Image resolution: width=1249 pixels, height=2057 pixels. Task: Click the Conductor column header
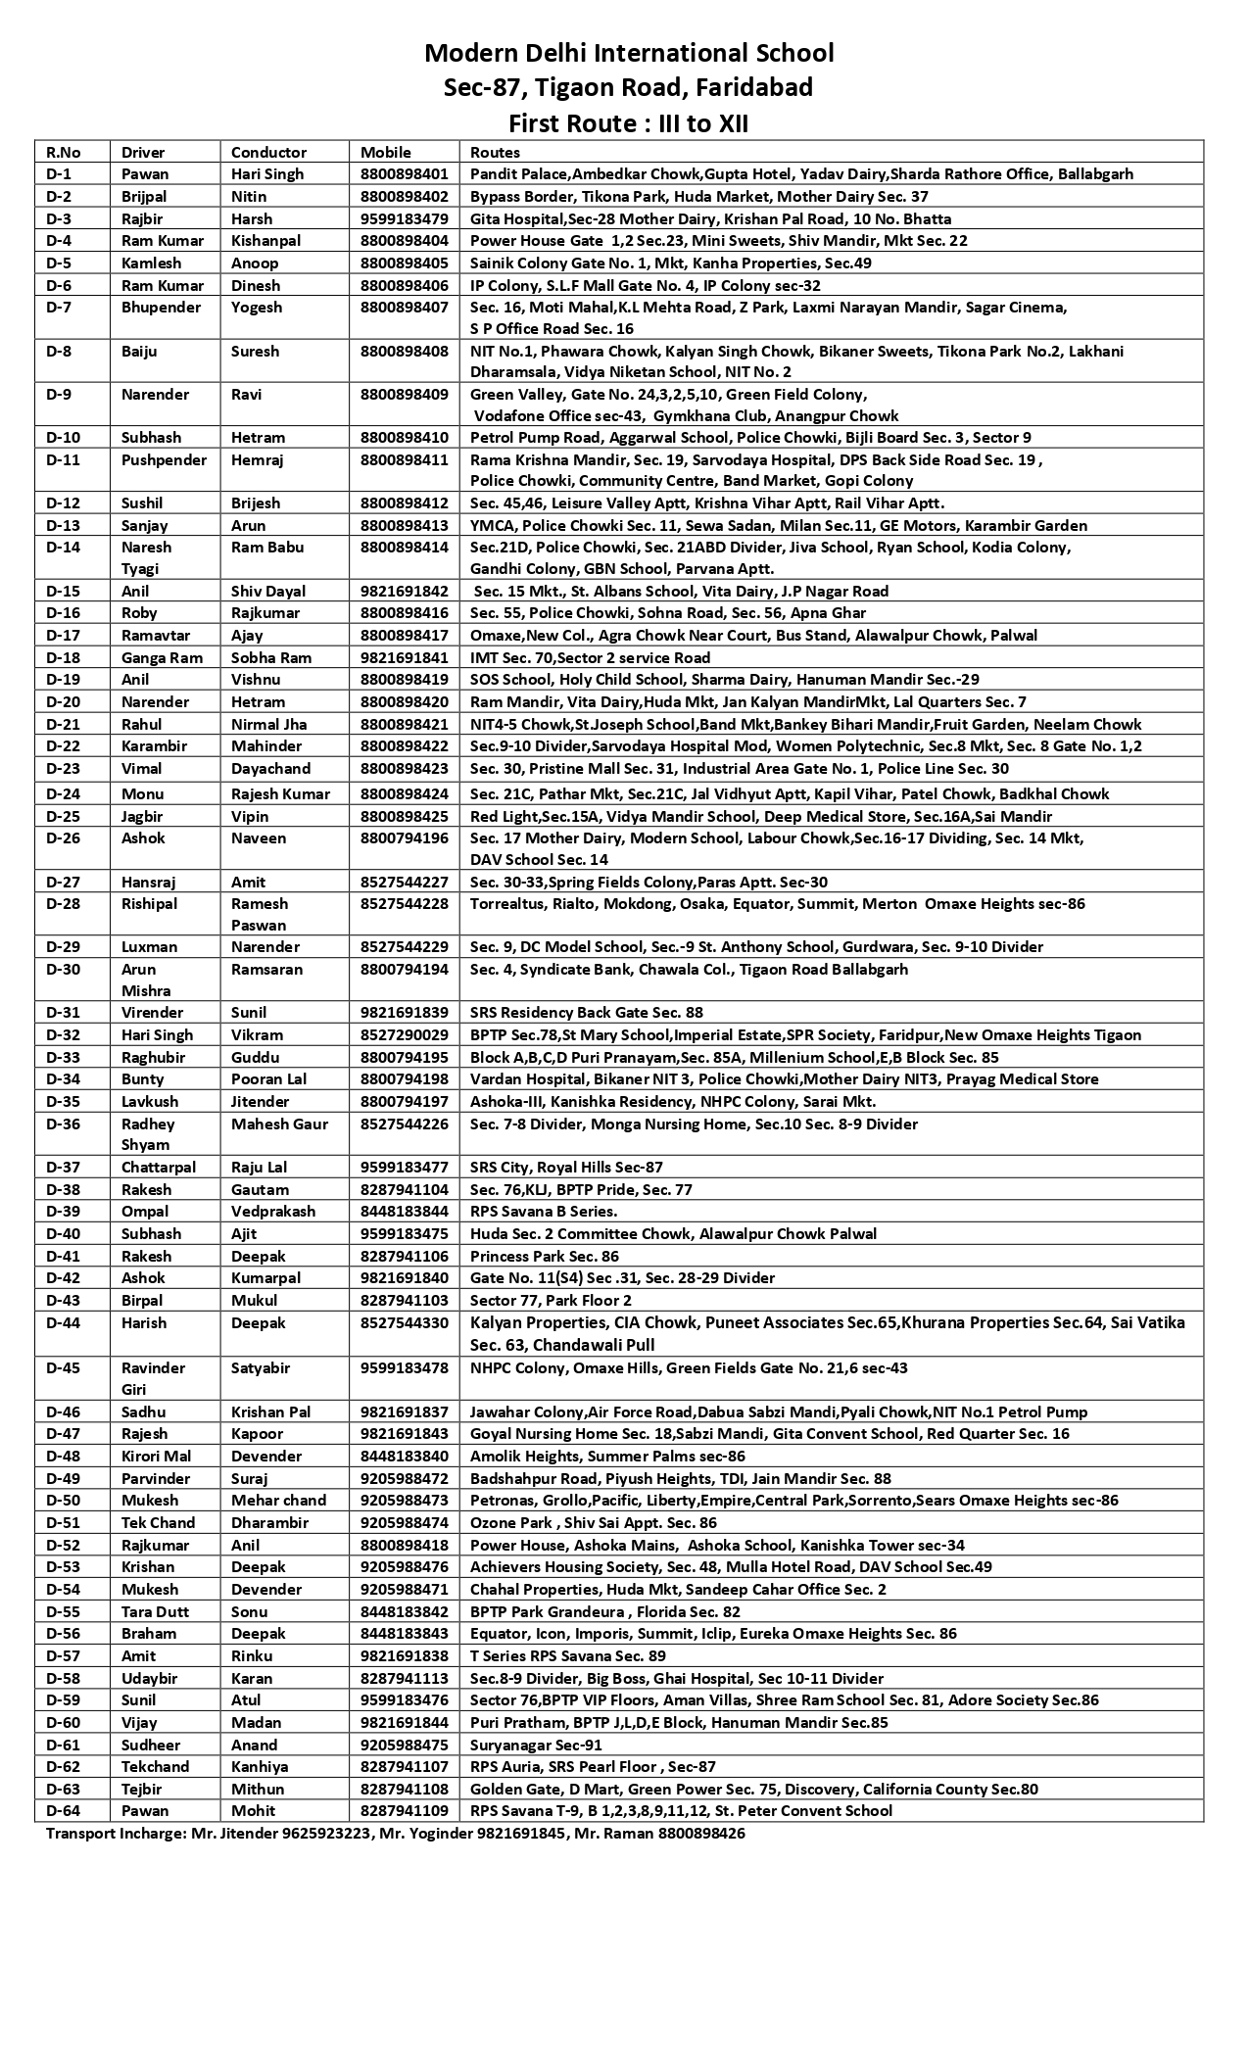[268, 152]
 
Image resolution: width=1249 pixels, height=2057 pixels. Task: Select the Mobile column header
[386, 152]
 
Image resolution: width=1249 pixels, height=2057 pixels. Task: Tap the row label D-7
[61, 308]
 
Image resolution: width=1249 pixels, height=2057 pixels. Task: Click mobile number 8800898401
[404, 174]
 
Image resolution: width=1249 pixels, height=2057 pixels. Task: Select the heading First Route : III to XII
[628, 123]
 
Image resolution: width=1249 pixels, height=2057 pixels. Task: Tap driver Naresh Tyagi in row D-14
[146, 557]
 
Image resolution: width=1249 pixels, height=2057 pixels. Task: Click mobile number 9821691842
[404, 591]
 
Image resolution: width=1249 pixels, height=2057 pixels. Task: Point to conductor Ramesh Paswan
[260, 914]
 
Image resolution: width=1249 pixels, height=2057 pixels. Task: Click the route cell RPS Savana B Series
[544, 1212]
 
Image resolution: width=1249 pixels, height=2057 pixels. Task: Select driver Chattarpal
[159, 1167]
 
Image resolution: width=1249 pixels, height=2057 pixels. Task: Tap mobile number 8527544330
[404, 1322]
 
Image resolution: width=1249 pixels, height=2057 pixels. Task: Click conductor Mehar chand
[278, 1500]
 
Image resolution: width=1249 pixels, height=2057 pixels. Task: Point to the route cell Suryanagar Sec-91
[536, 1745]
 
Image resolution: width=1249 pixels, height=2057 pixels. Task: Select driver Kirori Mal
[156, 1456]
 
